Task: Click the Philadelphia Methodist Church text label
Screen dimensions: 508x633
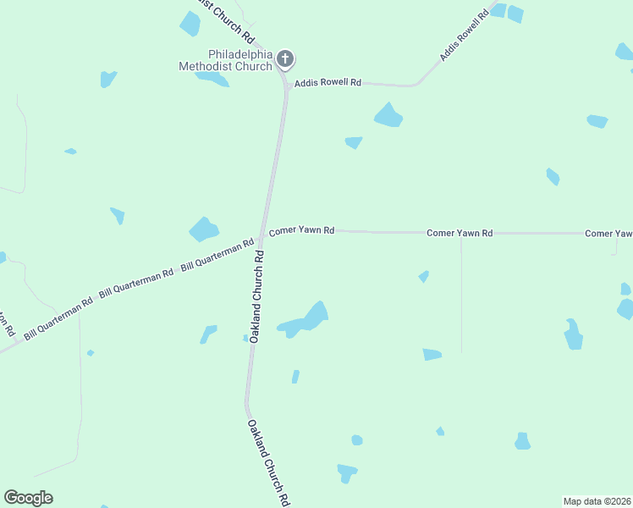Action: [225, 60]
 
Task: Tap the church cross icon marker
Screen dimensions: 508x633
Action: [286, 59]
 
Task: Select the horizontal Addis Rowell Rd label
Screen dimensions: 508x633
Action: [327, 83]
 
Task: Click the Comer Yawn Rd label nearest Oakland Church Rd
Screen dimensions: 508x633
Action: [301, 230]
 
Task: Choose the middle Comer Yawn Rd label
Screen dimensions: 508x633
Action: [460, 232]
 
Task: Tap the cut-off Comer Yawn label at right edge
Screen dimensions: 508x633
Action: [608, 233]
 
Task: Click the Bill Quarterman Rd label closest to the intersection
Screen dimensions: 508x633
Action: [217, 255]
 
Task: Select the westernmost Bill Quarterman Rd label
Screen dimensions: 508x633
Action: [58, 318]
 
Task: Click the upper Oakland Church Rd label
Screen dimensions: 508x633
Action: [260, 300]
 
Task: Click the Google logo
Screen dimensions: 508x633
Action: [28, 498]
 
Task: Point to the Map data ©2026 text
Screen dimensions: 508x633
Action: [597, 500]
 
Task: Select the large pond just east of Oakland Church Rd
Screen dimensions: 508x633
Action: [306, 319]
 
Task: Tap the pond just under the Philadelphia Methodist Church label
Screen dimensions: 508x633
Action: [212, 79]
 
